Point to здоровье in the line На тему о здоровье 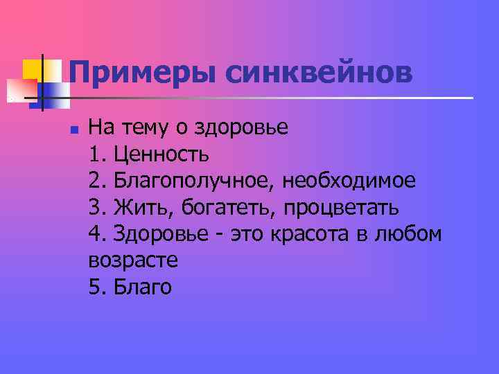click(x=240, y=129)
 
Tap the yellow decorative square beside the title click(x=33, y=69)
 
